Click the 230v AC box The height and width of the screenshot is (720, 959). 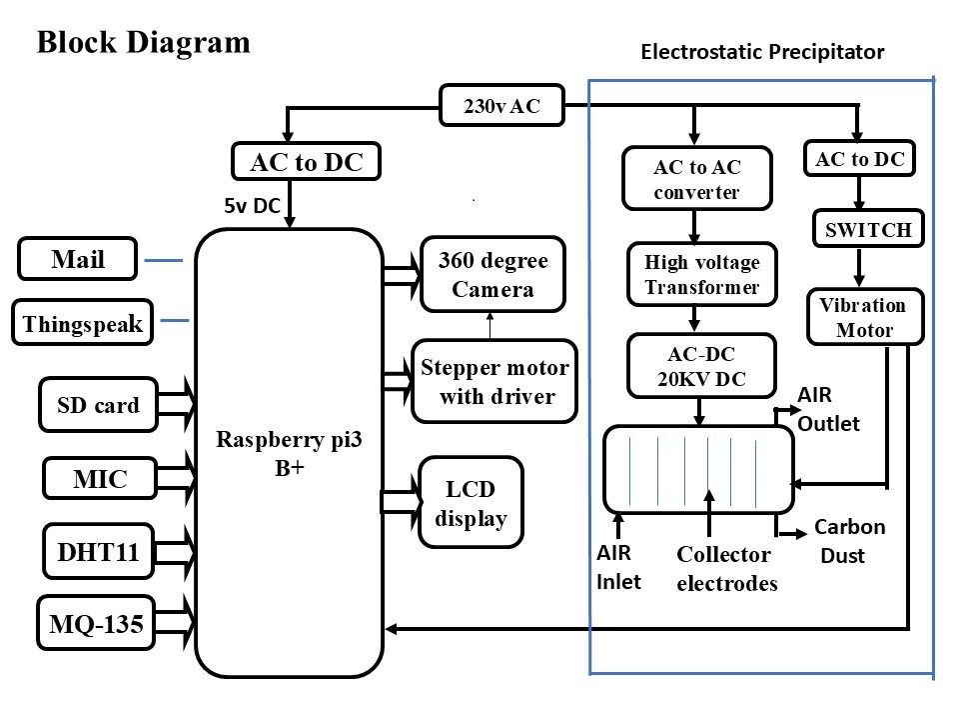[x=501, y=106]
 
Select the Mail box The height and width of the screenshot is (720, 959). [x=78, y=261]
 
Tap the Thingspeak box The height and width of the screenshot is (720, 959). [x=82, y=323]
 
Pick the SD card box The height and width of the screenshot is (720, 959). [x=98, y=404]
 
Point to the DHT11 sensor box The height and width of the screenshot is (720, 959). [x=98, y=550]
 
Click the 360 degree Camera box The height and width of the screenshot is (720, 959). [x=492, y=275]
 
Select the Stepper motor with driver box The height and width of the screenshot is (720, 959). [x=494, y=381]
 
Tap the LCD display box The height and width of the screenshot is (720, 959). [x=471, y=503]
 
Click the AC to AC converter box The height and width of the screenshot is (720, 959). [x=697, y=179]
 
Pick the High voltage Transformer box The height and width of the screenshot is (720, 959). [x=702, y=274]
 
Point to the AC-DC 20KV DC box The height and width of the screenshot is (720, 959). [x=702, y=366]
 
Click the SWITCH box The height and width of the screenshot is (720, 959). [x=868, y=229]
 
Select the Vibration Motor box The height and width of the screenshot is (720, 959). [x=863, y=318]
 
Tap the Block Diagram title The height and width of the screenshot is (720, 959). [x=143, y=42]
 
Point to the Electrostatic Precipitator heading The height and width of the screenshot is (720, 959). [x=762, y=52]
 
